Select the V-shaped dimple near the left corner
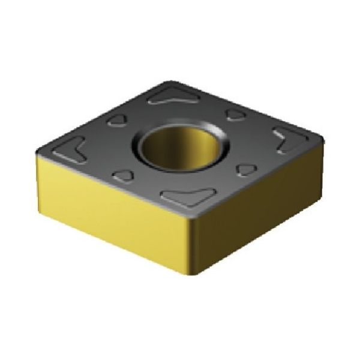74,148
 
